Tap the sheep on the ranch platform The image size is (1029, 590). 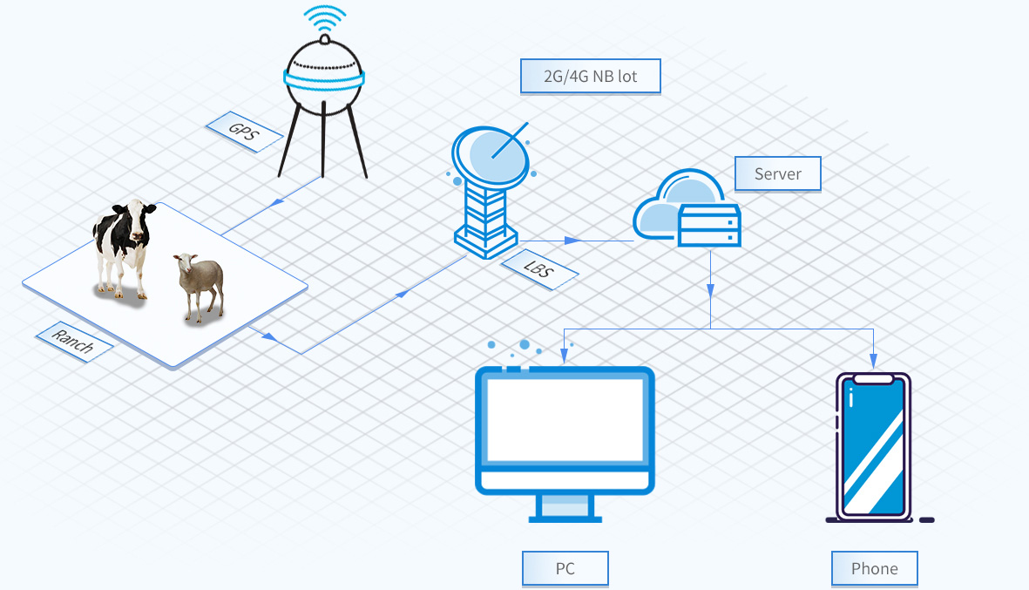click(200, 286)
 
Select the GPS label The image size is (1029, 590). click(244, 132)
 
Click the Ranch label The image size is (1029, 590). click(73, 342)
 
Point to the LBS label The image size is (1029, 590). click(538, 269)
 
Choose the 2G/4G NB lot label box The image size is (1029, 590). click(591, 76)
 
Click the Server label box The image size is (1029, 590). click(778, 174)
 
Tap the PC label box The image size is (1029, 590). click(565, 568)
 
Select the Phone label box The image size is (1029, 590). click(874, 568)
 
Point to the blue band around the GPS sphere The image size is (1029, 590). click(324, 79)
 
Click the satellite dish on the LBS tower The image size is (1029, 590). click(491, 155)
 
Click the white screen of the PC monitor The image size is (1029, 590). click(565, 420)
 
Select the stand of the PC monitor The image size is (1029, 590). click(565, 508)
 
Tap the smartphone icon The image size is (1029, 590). click(873, 447)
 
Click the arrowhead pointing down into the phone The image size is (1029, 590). click(873, 361)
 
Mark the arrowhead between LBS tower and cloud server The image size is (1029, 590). click(572, 241)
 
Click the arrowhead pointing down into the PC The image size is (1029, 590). click(564, 356)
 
